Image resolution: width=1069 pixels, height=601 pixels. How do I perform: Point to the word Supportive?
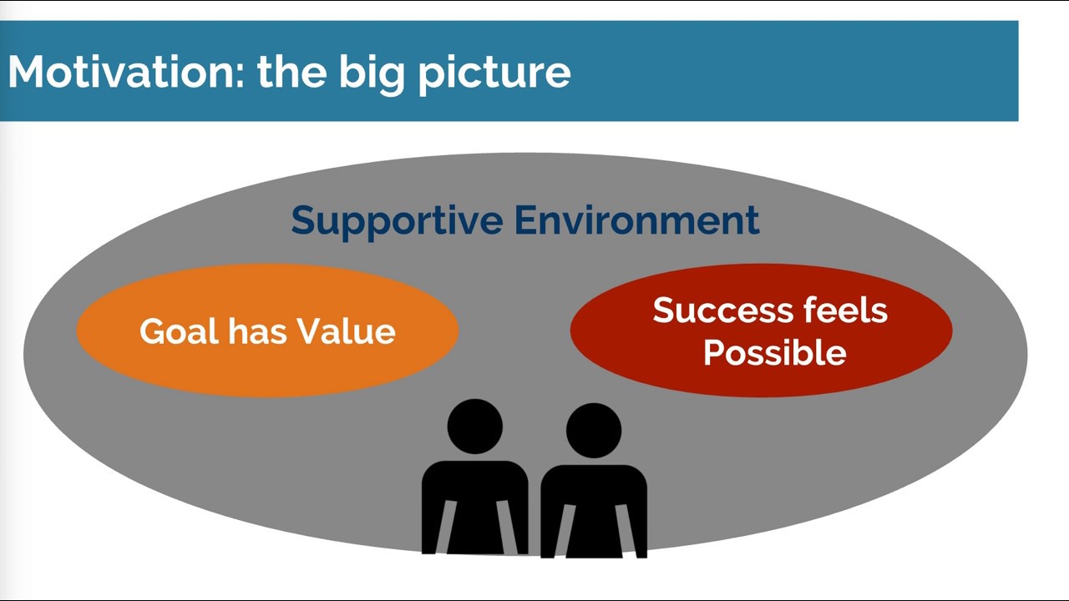point(397,220)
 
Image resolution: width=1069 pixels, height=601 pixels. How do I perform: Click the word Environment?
point(636,220)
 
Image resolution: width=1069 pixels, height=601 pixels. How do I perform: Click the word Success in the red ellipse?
point(722,311)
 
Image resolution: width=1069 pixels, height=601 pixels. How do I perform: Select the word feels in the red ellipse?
point(844,311)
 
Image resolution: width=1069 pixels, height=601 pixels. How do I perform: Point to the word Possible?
point(774,353)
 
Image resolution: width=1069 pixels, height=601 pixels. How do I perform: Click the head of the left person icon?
point(474,427)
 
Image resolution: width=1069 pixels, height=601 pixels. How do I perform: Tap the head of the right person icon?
point(593,430)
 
